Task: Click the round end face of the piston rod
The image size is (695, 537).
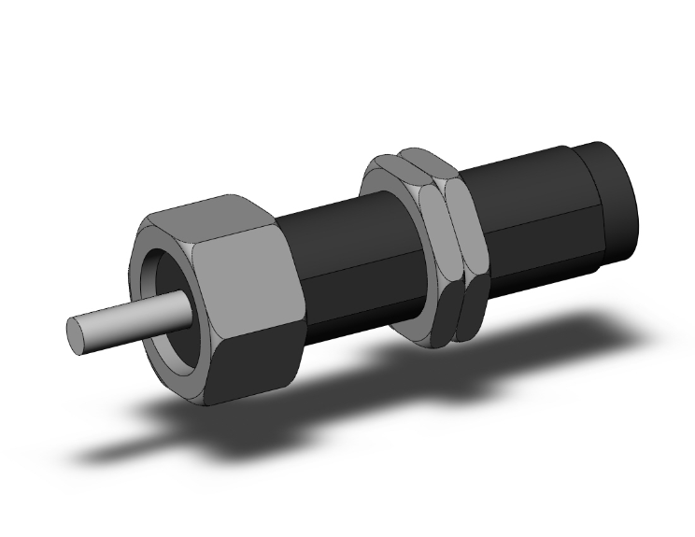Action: (81, 334)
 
